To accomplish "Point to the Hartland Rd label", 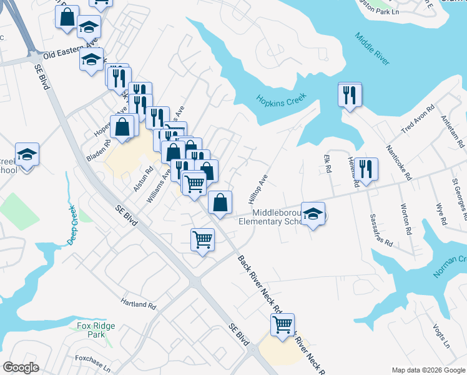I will [x=139, y=304].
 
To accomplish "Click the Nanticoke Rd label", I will [x=400, y=163].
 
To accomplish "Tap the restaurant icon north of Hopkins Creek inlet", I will [x=350, y=95].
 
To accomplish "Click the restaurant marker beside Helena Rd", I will [x=367, y=169].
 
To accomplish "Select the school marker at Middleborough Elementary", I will [x=313, y=214].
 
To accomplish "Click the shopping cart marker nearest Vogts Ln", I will [x=283, y=325].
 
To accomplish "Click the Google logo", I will [x=22, y=367].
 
